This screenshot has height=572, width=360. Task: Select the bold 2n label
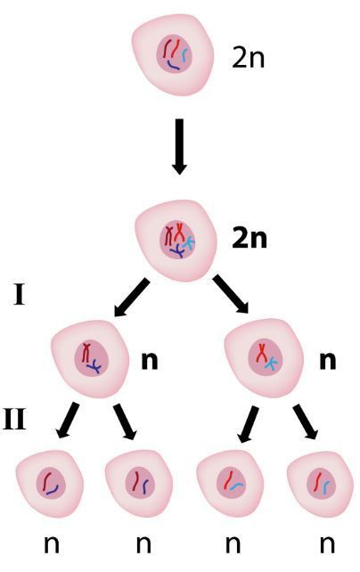click(x=250, y=239)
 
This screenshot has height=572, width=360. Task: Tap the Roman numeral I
click(x=20, y=295)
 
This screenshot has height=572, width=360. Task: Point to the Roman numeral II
click(x=14, y=420)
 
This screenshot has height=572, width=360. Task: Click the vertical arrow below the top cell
click(x=179, y=147)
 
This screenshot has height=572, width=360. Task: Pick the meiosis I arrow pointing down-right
click(x=231, y=294)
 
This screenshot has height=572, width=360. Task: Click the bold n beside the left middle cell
click(x=150, y=361)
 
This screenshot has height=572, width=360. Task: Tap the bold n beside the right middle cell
click(x=328, y=361)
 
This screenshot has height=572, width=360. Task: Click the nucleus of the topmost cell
click(x=175, y=53)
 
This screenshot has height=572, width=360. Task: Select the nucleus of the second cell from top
click(x=177, y=240)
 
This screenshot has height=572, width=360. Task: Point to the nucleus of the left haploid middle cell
click(x=92, y=358)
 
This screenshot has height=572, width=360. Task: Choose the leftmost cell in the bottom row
click(x=50, y=484)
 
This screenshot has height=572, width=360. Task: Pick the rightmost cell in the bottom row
click(x=320, y=484)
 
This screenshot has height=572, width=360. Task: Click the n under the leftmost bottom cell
click(x=52, y=544)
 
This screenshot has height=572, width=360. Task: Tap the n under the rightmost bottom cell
click(x=327, y=544)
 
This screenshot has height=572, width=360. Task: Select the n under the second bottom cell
click(x=143, y=544)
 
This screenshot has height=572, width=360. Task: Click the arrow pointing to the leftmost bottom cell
click(x=68, y=420)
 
